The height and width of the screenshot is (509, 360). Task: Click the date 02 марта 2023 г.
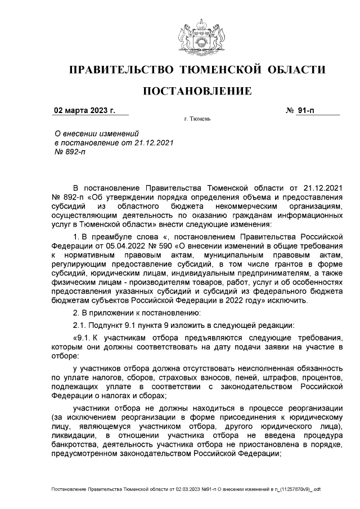pyautogui.click(x=84, y=110)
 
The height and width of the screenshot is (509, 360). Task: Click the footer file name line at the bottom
pyautogui.click(x=185, y=490)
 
